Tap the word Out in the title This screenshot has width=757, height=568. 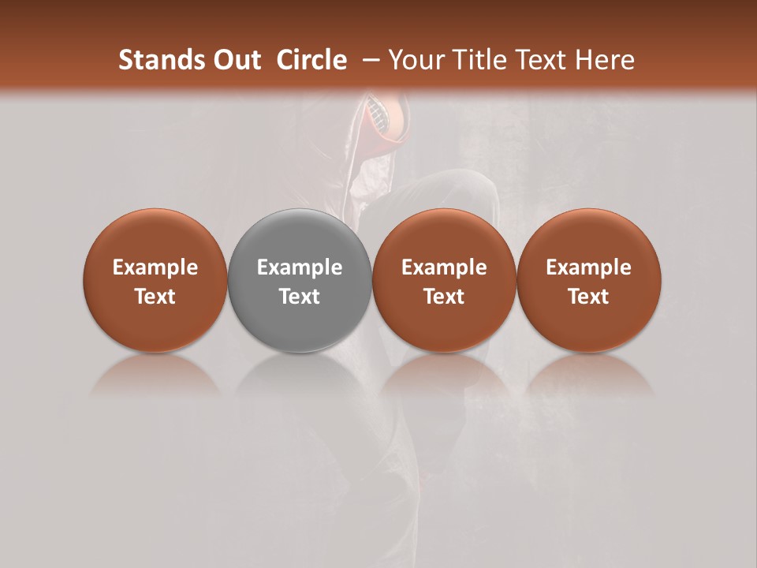coord(234,60)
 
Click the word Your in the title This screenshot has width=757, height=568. coord(416,60)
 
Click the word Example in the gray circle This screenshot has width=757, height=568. coord(300,267)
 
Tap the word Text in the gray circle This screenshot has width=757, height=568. coord(300,297)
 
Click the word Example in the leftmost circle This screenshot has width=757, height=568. coord(155,267)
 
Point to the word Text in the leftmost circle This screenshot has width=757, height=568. coord(155,297)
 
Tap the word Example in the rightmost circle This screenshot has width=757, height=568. coord(589,267)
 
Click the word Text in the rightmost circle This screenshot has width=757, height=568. coord(589,297)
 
